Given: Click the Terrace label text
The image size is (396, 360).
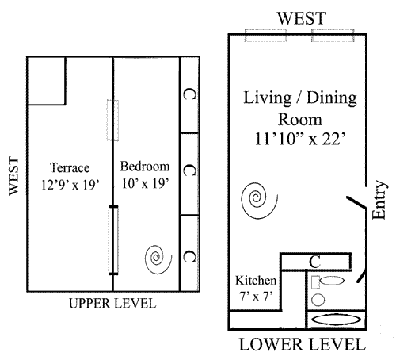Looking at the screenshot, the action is [x=70, y=167].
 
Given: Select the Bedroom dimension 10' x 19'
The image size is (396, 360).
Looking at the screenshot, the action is [x=145, y=183].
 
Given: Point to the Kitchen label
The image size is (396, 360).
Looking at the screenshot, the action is [x=256, y=281].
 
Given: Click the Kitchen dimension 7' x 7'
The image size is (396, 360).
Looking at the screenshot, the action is [x=256, y=296].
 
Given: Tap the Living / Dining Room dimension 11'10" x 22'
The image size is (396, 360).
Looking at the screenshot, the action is [x=300, y=140].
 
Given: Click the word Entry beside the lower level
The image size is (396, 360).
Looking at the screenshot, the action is [x=379, y=200].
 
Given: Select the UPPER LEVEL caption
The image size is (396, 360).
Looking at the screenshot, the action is [x=112, y=304].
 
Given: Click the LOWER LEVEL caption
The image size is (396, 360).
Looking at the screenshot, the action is [x=303, y=345].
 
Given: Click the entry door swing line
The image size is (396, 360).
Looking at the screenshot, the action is [x=356, y=202].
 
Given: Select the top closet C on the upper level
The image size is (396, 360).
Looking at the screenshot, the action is [x=189, y=94].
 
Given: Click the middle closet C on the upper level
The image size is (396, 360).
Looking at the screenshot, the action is [x=189, y=170].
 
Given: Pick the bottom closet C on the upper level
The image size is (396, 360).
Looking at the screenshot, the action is [x=189, y=256].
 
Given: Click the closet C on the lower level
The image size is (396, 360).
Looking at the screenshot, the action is [x=315, y=262].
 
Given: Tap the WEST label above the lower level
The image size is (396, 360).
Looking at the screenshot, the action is [x=302, y=18].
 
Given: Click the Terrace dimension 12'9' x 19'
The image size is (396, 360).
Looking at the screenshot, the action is [x=70, y=185].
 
